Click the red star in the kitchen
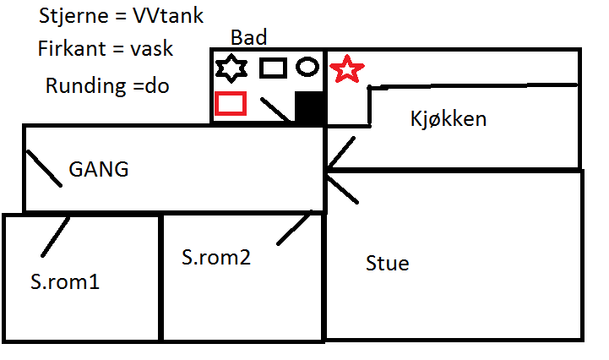point(344,69)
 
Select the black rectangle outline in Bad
point(273,68)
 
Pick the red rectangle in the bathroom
point(231,103)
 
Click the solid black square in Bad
point(309,108)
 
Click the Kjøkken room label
point(448,118)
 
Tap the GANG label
point(98,169)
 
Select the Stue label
point(387,263)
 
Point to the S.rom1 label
point(64,281)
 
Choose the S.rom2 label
point(216,255)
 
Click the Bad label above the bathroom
point(248,37)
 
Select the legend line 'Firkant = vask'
point(106,48)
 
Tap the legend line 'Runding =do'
point(107,85)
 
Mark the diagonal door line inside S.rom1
point(55,237)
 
